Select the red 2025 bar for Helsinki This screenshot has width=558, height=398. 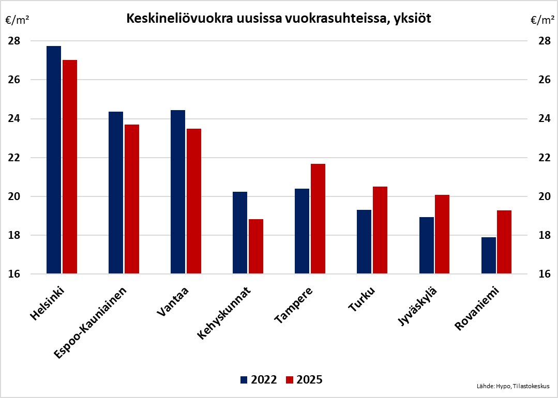(x=70, y=166)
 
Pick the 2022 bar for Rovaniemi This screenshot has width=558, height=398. (x=489, y=255)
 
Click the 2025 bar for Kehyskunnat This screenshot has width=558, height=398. (x=256, y=247)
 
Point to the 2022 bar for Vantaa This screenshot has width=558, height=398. (x=178, y=192)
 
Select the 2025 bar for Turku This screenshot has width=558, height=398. (x=380, y=230)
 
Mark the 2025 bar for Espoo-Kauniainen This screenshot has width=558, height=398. (x=132, y=199)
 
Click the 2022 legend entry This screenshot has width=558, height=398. (x=259, y=380)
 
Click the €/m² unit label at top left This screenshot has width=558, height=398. (x=17, y=21)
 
